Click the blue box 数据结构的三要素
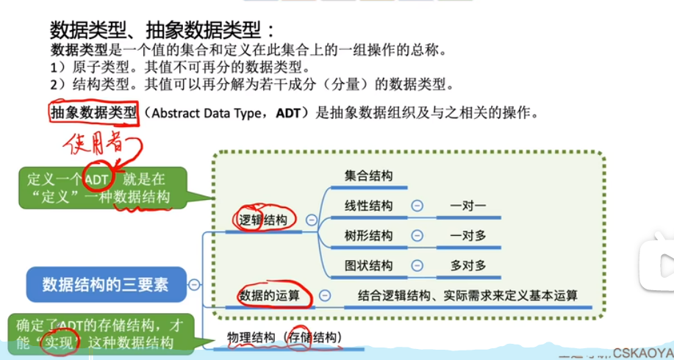point(105,284)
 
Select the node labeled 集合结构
point(368,176)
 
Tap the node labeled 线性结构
point(368,206)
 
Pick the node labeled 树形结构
point(368,236)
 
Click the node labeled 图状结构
point(368,265)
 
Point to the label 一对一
point(468,206)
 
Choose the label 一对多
point(468,236)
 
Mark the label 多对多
point(468,265)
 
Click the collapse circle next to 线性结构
point(417,206)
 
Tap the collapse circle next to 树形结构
point(417,236)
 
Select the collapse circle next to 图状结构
point(417,265)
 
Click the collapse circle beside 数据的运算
point(326,296)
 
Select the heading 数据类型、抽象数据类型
point(162,30)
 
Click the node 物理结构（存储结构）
point(284,337)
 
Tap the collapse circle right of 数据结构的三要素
point(194,284)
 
